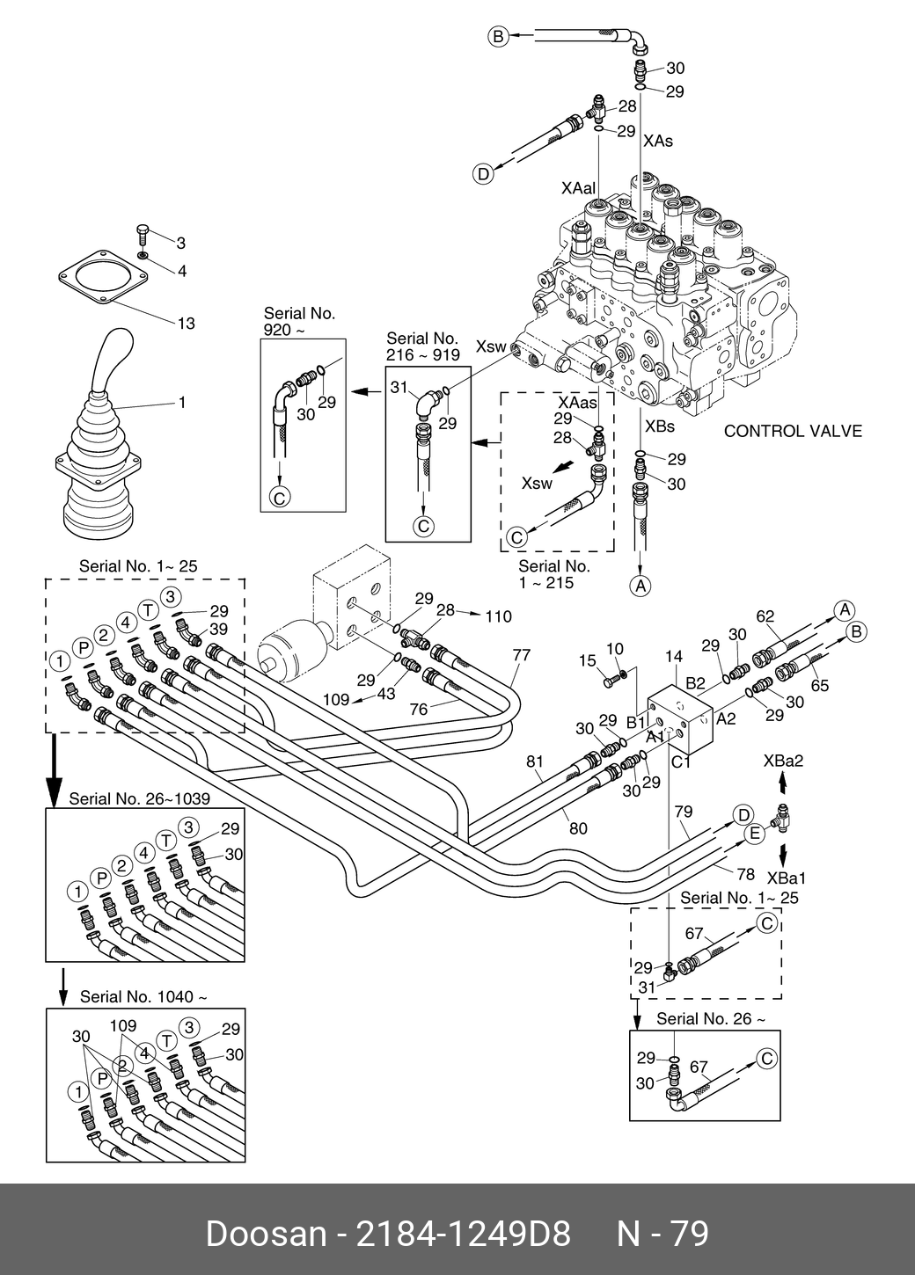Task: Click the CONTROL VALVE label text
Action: pos(792,432)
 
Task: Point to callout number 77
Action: pos(522,655)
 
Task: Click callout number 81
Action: pos(536,761)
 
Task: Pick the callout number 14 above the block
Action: pos(674,656)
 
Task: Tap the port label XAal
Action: pos(578,189)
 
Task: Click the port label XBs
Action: pos(660,426)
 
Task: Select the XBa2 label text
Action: pos(783,761)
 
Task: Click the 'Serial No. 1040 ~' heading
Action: pos(143,997)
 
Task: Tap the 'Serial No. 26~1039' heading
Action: pos(139,798)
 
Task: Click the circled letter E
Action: pos(753,834)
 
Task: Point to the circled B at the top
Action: pos(498,36)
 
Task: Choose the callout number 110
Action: pos(498,616)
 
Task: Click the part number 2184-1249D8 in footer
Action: pos(462,1234)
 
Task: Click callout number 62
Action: pos(765,616)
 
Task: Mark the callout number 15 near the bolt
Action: pos(587,660)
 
